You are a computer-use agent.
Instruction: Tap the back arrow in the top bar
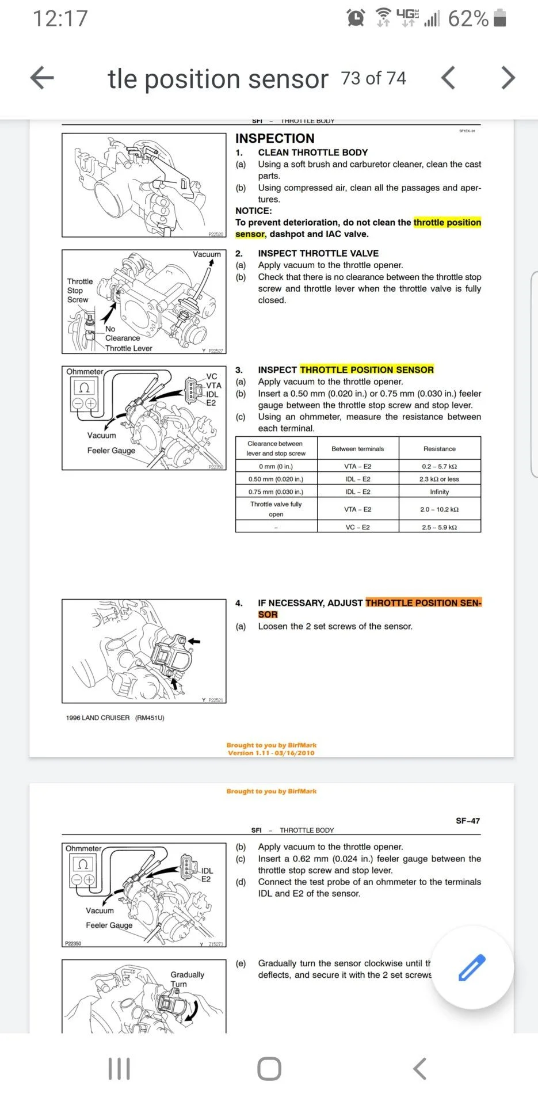point(42,78)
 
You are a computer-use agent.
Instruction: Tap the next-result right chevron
point(508,78)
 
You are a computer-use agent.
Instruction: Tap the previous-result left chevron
point(448,78)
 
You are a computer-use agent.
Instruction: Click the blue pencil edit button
point(472,967)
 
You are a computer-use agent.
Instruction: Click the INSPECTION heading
point(275,138)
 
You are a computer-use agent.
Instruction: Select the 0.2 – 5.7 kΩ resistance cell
point(440,466)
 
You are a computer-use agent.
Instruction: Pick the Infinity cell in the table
point(440,491)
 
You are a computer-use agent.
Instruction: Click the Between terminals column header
point(358,448)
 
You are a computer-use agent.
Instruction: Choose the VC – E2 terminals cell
point(358,527)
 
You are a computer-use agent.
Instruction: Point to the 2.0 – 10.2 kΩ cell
point(440,509)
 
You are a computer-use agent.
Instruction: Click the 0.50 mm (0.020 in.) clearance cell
point(276,479)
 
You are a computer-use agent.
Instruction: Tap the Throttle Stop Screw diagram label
point(80,290)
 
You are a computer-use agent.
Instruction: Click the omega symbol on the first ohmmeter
point(84,387)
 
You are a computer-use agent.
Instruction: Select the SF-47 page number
point(468,821)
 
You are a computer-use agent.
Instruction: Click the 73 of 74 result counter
point(374,78)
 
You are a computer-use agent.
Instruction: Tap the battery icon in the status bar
point(500,18)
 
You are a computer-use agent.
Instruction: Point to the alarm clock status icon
point(356,18)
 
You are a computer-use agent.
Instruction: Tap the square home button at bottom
point(269,1069)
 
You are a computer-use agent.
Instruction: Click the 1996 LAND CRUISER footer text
point(115,718)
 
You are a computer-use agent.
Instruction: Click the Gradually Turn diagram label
point(187,979)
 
